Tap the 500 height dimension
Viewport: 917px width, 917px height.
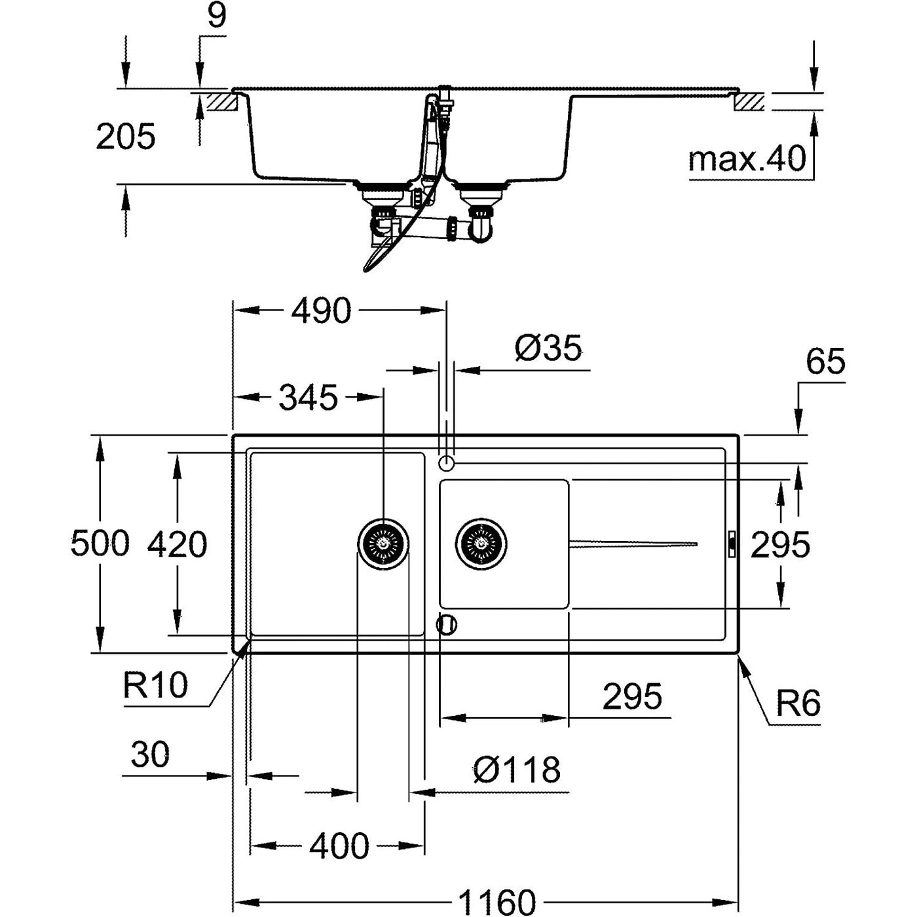100,544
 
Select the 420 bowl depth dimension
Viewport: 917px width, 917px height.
177,544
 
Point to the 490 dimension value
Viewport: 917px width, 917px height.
321,310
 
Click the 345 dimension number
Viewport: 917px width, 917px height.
309,398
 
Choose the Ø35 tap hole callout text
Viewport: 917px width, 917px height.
548,348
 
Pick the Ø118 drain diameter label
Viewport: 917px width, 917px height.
517,770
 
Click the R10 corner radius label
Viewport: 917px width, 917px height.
156,685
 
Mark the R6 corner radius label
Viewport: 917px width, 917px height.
798,703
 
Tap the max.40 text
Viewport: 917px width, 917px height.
747,159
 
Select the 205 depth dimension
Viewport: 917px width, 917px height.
126,136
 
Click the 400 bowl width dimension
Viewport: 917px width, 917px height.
339,846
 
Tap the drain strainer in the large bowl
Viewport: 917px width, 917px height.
383,544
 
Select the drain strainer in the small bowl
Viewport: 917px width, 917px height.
481,544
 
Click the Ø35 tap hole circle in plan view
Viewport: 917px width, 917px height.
446,462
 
